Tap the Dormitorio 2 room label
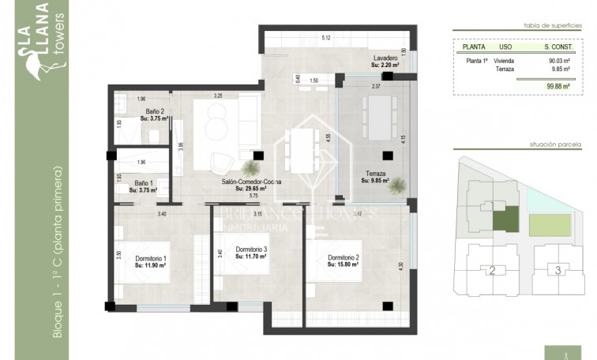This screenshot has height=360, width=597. click(x=344, y=258)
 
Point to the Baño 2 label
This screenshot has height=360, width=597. click(x=154, y=111)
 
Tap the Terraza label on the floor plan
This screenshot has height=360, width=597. click(x=376, y=173)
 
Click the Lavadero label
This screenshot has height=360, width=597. click(x=386, y=59)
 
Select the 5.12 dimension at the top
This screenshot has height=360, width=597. click(x=325, y=38)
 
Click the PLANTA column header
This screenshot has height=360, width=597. click(x=474, y=47)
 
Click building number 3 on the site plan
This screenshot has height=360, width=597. click(x=558, y=270)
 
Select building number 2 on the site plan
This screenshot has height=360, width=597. click(x=492, y=271)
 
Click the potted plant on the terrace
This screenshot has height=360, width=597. click(x=398, y=186)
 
